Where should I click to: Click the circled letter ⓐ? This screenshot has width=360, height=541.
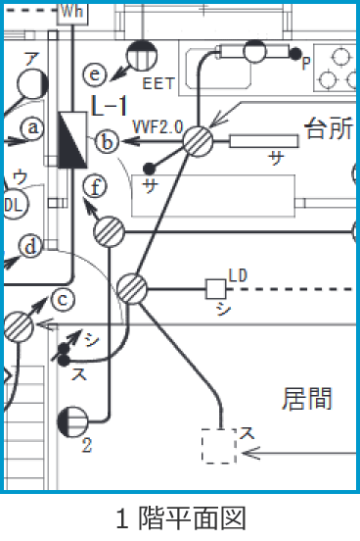(x=34, y=127)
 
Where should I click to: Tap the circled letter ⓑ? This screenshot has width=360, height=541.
(x=109, y=143)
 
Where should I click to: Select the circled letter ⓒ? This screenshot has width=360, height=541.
(x=64, y=300)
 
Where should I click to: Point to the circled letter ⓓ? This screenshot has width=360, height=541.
(x=31, y=246)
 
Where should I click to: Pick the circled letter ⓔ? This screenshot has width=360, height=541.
(x=95, y=74)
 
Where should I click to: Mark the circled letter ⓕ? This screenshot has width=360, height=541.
(x=94, y=184)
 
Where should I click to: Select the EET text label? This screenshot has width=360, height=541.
(x=158, y=84)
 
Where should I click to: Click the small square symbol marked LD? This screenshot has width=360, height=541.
(x=215, y=289)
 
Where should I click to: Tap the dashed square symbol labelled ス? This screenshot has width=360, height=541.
(x=219, y=445)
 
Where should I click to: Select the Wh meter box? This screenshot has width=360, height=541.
(x=72, y=11)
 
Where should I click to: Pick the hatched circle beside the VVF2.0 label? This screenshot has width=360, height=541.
(x=199, y=141)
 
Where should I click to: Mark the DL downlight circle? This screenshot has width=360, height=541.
(x=12, y=205)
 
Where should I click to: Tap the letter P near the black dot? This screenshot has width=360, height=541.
(x=306, y=63)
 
